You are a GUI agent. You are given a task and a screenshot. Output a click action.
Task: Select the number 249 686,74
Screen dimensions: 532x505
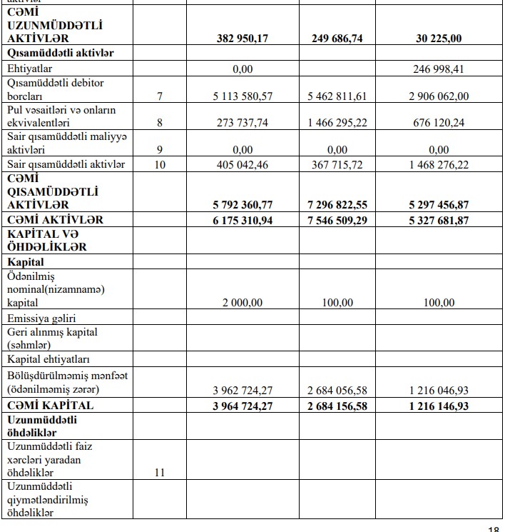(337, 39)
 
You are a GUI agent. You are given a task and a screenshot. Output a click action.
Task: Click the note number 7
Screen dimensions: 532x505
(160, 96)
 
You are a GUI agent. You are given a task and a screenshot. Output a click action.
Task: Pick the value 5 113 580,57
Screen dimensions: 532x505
(243, 96)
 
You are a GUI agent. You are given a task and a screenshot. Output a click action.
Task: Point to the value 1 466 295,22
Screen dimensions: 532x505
(337, 123)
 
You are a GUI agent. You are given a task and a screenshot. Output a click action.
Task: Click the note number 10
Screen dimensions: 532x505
(160, 165)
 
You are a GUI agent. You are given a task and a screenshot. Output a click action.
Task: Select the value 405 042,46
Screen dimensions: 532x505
(243, 165)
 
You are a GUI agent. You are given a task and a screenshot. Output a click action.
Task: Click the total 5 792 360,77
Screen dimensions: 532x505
(243, 205)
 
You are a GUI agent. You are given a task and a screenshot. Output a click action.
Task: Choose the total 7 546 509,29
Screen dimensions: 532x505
(337, 220)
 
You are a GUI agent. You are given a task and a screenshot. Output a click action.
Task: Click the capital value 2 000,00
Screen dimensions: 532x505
(243, 303)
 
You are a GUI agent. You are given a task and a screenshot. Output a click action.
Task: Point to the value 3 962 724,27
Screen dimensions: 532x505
(243, 390)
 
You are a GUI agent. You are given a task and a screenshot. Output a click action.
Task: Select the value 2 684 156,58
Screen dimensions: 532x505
(337, 405)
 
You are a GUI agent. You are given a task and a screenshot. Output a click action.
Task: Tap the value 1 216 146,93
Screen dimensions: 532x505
(439, 405)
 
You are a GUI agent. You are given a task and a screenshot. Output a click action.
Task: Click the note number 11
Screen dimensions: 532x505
(160, 473)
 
